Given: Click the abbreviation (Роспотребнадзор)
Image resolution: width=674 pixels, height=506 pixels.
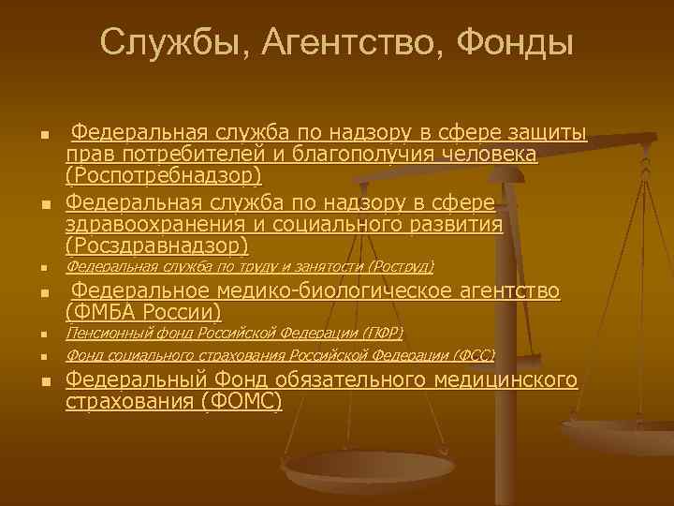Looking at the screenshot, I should pos(164,175).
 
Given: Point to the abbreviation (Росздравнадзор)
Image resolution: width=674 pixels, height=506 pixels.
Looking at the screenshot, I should pos(157,246).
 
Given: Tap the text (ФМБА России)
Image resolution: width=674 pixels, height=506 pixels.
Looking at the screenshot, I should pos(143,312).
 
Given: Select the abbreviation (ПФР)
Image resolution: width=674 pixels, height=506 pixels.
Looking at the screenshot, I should pos(383,333).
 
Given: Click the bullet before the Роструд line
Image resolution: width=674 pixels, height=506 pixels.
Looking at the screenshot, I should pos(43,269).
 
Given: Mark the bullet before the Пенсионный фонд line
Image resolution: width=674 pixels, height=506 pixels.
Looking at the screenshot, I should pos(43,335).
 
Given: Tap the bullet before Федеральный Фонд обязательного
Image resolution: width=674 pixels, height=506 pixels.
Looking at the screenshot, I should pos(43,381).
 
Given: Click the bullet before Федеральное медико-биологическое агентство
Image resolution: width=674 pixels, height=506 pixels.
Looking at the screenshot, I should pos(43,293).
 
